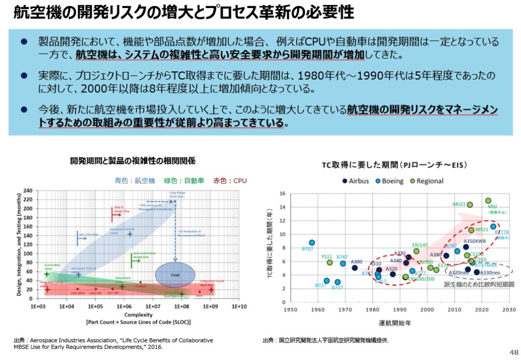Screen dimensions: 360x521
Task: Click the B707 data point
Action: tap(312, 243)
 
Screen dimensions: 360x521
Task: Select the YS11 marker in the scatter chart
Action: tap(330, 263)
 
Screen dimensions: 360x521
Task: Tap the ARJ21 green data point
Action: tap(470, 205)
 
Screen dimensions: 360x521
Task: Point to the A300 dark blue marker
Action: tap(355, 267)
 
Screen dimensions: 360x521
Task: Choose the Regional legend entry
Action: tap(426, 181)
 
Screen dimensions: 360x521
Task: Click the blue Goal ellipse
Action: tap(175, 274)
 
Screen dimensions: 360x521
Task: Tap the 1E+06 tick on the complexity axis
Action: tap(123, 307)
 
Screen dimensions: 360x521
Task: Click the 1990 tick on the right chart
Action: tap(400, 309)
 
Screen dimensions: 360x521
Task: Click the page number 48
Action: tap(513, 352)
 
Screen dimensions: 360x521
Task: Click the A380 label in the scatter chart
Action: tap(436, 254)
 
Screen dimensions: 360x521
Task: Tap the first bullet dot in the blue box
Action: tap(23, 41)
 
